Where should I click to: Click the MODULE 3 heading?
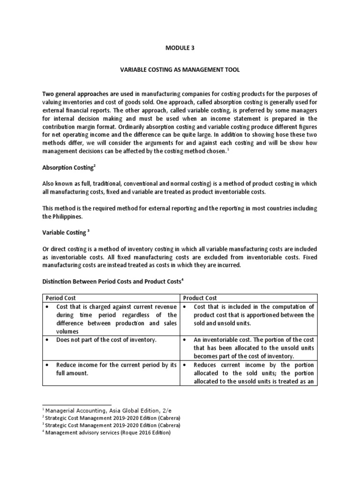(180, 48)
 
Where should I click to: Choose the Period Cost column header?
(61, 298)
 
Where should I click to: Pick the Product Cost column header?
(201, 298)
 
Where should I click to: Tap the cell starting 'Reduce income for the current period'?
(111, 369)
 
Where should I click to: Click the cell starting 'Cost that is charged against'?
(111, 319)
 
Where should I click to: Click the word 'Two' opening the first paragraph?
(47, 95)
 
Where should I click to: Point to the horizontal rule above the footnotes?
(77, 404)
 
